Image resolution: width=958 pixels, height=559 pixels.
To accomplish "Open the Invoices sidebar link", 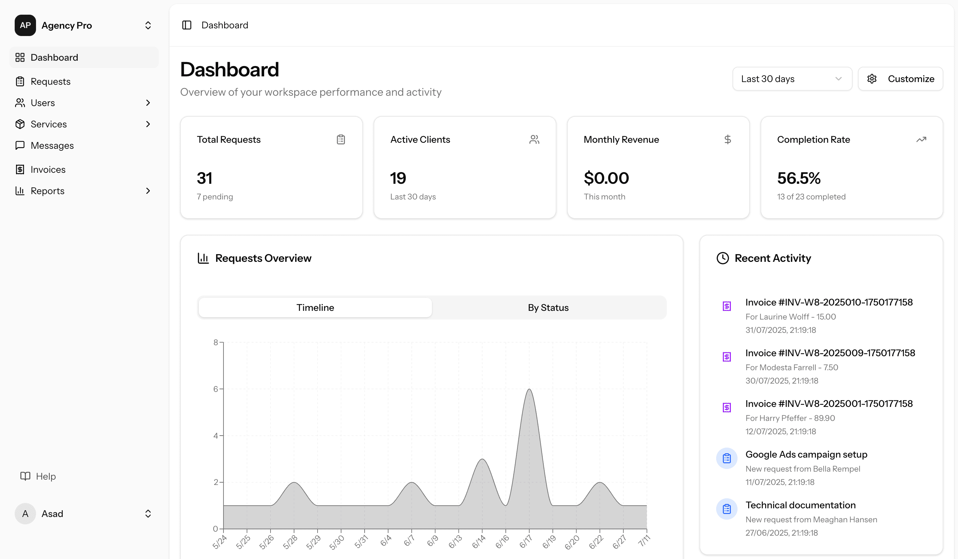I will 48,169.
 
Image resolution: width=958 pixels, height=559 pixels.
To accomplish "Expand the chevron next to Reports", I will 148,191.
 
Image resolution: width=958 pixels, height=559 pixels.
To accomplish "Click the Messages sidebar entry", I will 52,145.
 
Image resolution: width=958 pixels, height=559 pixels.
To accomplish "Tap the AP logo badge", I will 25,25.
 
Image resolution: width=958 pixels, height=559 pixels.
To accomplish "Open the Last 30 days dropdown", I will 792,79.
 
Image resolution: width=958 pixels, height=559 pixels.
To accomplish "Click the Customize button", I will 900,79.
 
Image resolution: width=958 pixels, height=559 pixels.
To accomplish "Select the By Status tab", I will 548,308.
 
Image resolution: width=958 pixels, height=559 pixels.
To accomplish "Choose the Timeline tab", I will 315,308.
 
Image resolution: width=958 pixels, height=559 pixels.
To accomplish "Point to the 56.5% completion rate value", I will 799,178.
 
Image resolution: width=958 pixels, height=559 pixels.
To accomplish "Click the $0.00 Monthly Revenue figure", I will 606,178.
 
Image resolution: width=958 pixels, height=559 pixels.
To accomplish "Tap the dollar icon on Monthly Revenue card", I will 727,139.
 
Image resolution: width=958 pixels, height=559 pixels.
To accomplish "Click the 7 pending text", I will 215,197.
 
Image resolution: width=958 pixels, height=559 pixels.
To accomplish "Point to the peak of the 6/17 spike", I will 529,390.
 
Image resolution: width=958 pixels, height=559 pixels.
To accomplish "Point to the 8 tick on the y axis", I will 215,343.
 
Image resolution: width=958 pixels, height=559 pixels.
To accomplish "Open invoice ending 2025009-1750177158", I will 830,353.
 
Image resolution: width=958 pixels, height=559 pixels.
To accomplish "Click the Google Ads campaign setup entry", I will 806,455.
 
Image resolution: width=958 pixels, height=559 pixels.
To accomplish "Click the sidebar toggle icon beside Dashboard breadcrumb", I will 187,25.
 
